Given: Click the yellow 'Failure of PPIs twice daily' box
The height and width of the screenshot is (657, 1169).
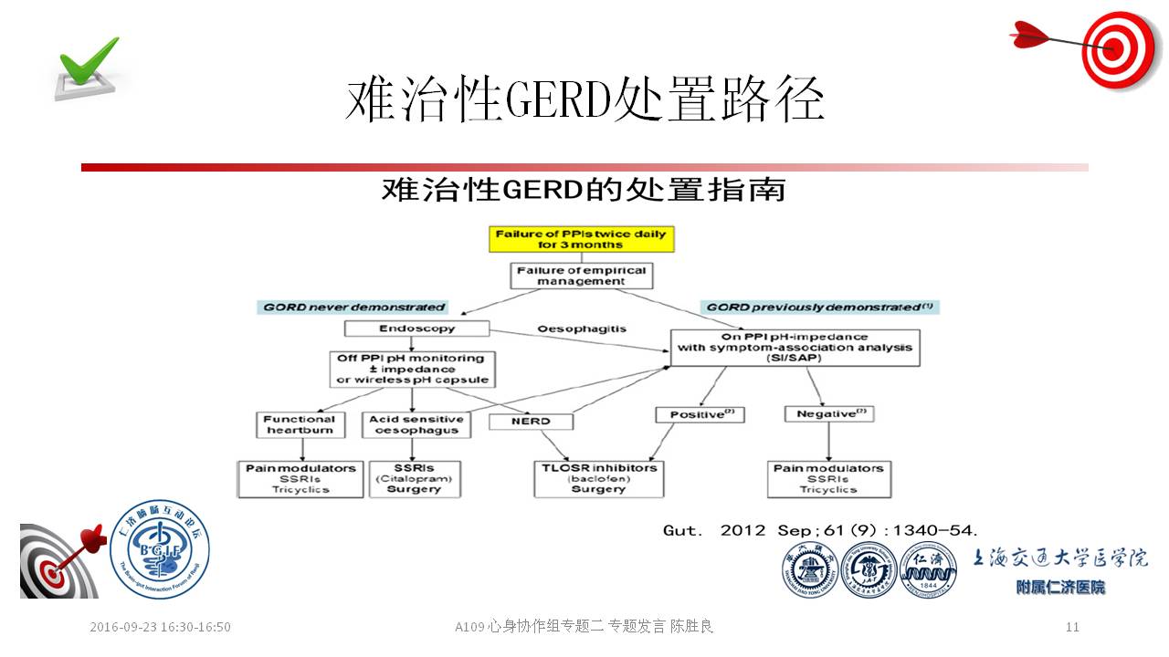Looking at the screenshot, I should [x=581, y=239].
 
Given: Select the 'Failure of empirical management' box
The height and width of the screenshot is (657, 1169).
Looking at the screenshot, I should [x=581, y=276].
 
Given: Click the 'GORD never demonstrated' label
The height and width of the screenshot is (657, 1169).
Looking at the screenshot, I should [x=354, y=308].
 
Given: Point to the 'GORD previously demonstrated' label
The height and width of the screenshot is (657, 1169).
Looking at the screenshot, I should [x=820, y=308].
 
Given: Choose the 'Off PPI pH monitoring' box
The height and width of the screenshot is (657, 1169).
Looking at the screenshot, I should [x=413, y=369].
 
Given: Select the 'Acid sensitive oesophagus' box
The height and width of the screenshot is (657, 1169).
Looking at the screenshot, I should [x=416, y=424].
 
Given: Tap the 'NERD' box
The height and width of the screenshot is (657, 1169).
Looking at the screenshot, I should [x=531, y=422].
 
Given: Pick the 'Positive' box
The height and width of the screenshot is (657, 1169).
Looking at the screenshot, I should [x=700, y=414].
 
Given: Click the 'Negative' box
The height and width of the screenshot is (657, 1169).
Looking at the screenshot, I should [x=828, y=414].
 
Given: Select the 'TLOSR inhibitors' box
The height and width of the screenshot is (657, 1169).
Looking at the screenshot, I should [x=597, y=478].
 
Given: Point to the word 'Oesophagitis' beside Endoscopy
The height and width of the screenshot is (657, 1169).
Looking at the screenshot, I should [x=581, y=328].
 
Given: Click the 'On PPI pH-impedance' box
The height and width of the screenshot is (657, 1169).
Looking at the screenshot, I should [x=795, y=348].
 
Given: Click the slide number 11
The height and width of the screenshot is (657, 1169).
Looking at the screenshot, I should [x=1072, y=627].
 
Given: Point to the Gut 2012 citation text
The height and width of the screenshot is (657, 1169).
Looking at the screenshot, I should [x=820, y=529].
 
